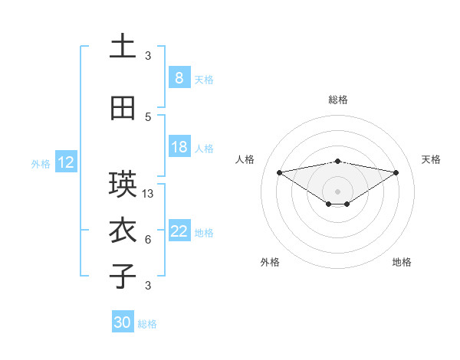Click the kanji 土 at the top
pos(123,47)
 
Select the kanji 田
pos(123,108)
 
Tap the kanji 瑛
pos(123,185)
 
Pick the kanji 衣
pos(123,231)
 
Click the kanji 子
pos(123,277)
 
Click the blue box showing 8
pos(179,78)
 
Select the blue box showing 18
pos(179,148)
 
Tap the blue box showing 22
pos(179,232)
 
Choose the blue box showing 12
pos(65,162)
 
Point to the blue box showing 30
pos(123,322)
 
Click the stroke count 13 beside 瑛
pos(148,194)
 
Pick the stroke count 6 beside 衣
pos(148,240)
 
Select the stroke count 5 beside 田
pos(148,116)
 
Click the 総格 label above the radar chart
pos(337,100)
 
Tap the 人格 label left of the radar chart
pos(245,159)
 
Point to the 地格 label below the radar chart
pos(402,262)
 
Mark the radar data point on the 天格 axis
pos(396,172)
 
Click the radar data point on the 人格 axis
pos(279,172)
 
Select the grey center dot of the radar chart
pos(337,191)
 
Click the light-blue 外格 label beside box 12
pos(41,163)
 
